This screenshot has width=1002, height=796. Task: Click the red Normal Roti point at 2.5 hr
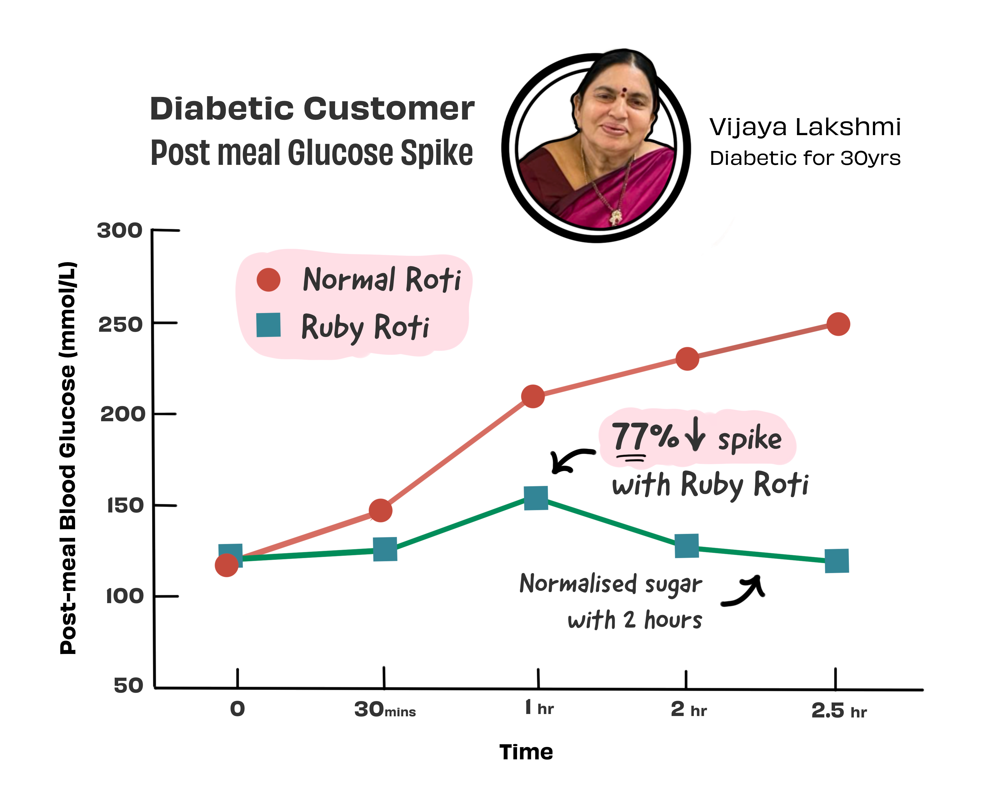(x=838, y=324)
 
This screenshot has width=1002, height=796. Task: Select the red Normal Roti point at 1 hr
(x=533, y=396)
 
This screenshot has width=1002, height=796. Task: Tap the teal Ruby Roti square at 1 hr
(x=536, y=498)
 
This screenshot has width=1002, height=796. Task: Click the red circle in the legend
(x=268, y=280)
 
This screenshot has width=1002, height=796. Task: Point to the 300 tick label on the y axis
(x=120, y=230)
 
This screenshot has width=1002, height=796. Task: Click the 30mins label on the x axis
(x=384, y=710)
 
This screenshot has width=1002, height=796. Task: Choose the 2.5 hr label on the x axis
(x=839, y=711)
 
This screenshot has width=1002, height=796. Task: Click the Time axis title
(x=526, y=752)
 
